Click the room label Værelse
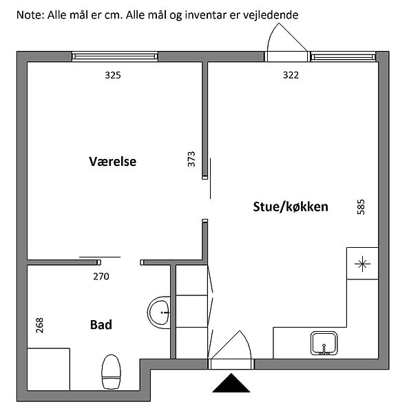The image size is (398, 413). click(112, 162)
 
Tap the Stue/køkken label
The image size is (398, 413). click(291, 206)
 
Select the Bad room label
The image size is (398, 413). click(101, 324)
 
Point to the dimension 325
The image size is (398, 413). click(113, 75)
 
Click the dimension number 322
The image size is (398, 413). click(291, 75)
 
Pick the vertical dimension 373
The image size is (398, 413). click(191, 159)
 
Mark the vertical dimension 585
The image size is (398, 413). click(361, 207)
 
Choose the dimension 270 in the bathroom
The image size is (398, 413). click(101, 277)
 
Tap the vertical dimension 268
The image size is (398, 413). click(39, 326)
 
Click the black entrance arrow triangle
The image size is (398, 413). click(231, 383)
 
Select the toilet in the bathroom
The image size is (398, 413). click(111, 372)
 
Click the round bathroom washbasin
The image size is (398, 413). click(159, 313)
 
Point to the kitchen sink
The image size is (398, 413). click(324, 343)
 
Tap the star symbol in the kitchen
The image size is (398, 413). click(362, 264)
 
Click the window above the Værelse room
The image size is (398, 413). click(115, 56)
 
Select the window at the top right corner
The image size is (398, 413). click(343, 57)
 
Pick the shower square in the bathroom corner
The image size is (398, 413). click(48, 369)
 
